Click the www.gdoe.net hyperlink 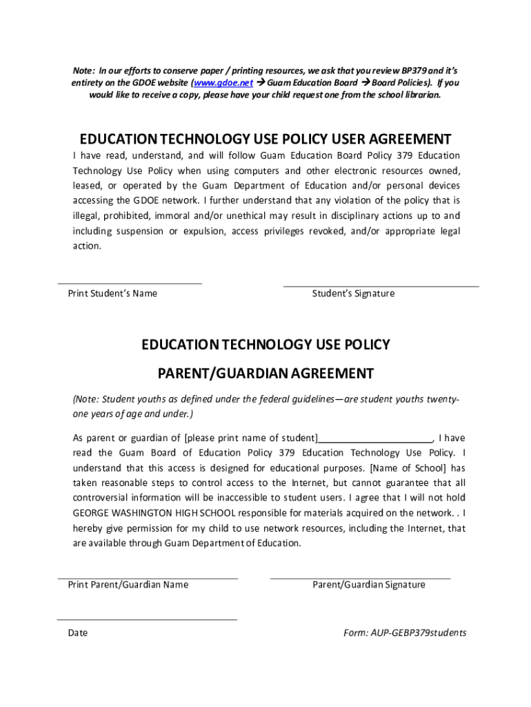[x=223, y=83]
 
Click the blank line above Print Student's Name [x=130, y=282]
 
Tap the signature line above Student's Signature [x=381, y=285]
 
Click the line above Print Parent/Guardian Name [x=148, y=577]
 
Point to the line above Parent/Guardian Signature [x=360, y=577]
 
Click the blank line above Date [x=147, y=619]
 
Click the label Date [x=77, y=632]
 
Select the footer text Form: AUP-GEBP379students [x=405, y=632]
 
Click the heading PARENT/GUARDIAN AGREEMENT [x=265, y=374]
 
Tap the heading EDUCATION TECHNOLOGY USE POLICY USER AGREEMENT [x=265, y=139]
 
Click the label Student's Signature [x=353, y=293]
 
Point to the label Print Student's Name [x=112, y=293]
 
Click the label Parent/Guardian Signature [x=369, y=585]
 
